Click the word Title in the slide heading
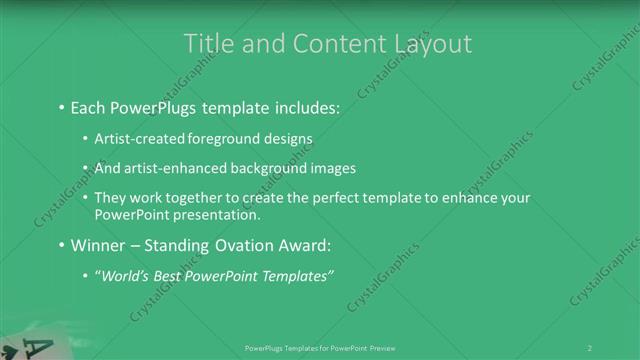point(211,44)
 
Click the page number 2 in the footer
point(590,347)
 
